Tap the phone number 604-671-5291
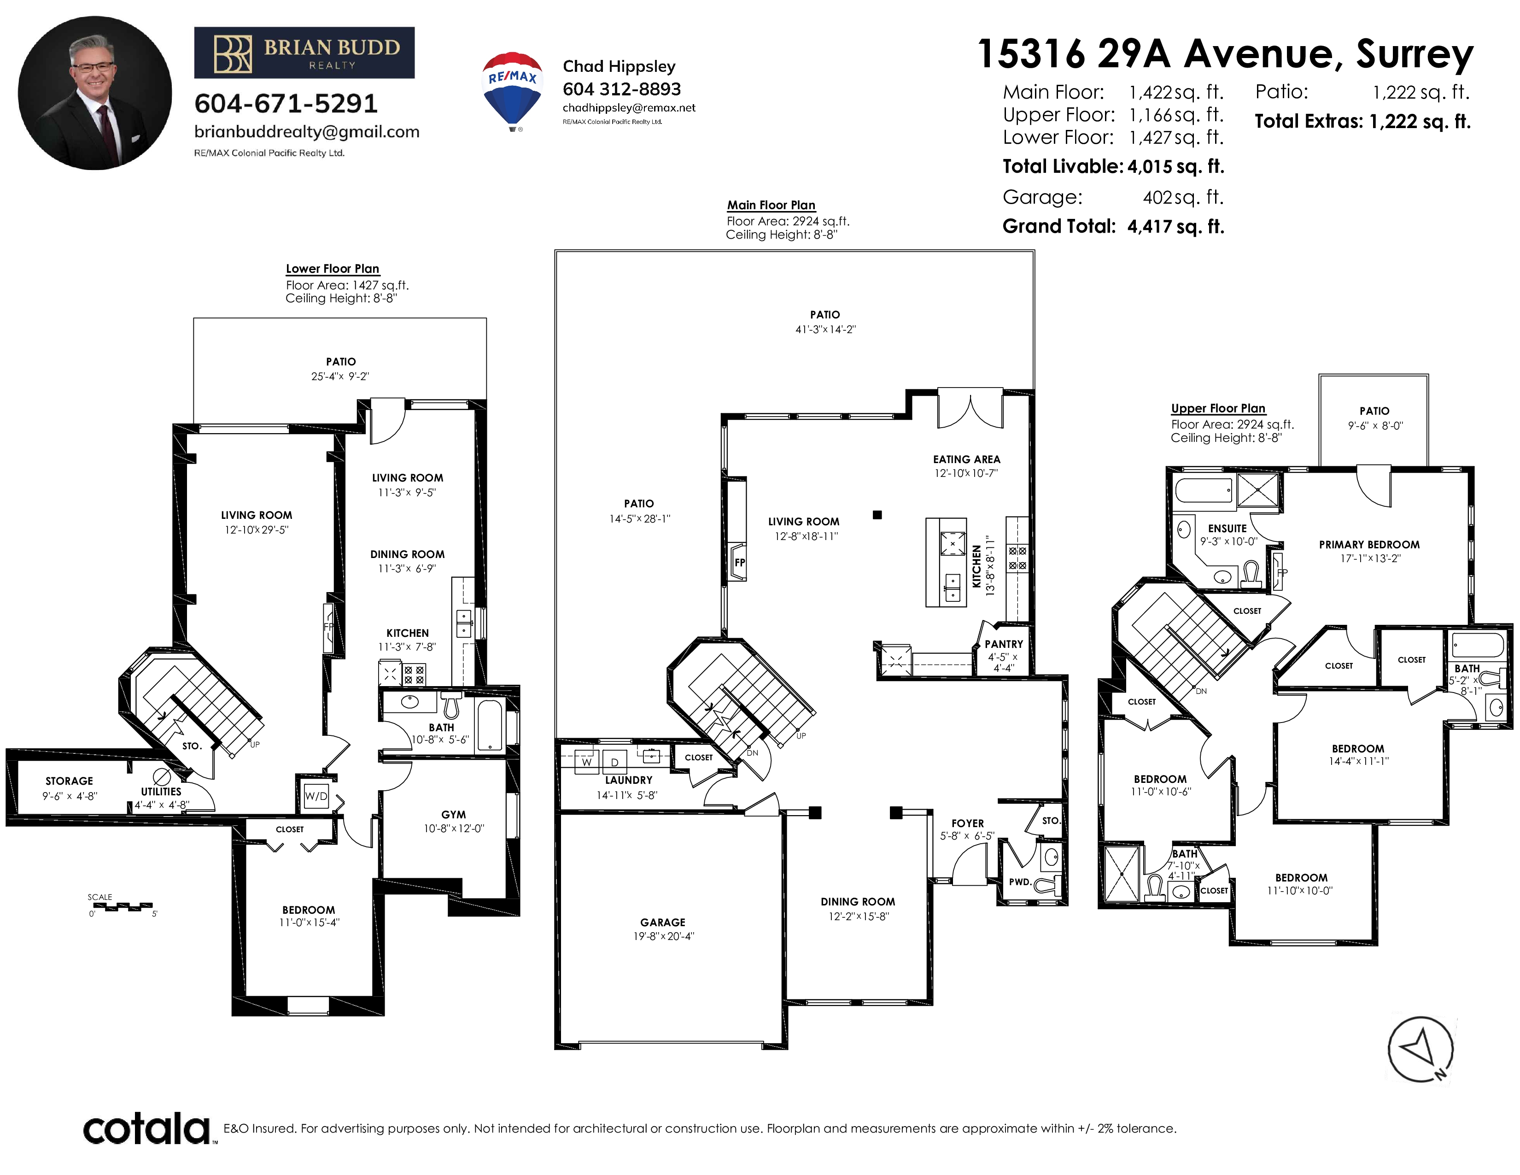coord(286,104)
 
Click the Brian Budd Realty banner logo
coord(304,53)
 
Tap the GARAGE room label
coord(662,922)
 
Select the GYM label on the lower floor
coord(453,814)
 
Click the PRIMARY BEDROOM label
coord(1369,544)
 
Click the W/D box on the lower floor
coord(316,796)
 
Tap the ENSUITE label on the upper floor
coord(1227,529)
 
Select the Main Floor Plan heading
coord(771,205)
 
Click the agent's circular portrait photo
coord(94,93)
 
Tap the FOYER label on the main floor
coord(967,823)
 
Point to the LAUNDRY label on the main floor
coord(628,780)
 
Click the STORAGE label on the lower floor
coord(69,781)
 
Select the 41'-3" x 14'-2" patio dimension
coord(825,329)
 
